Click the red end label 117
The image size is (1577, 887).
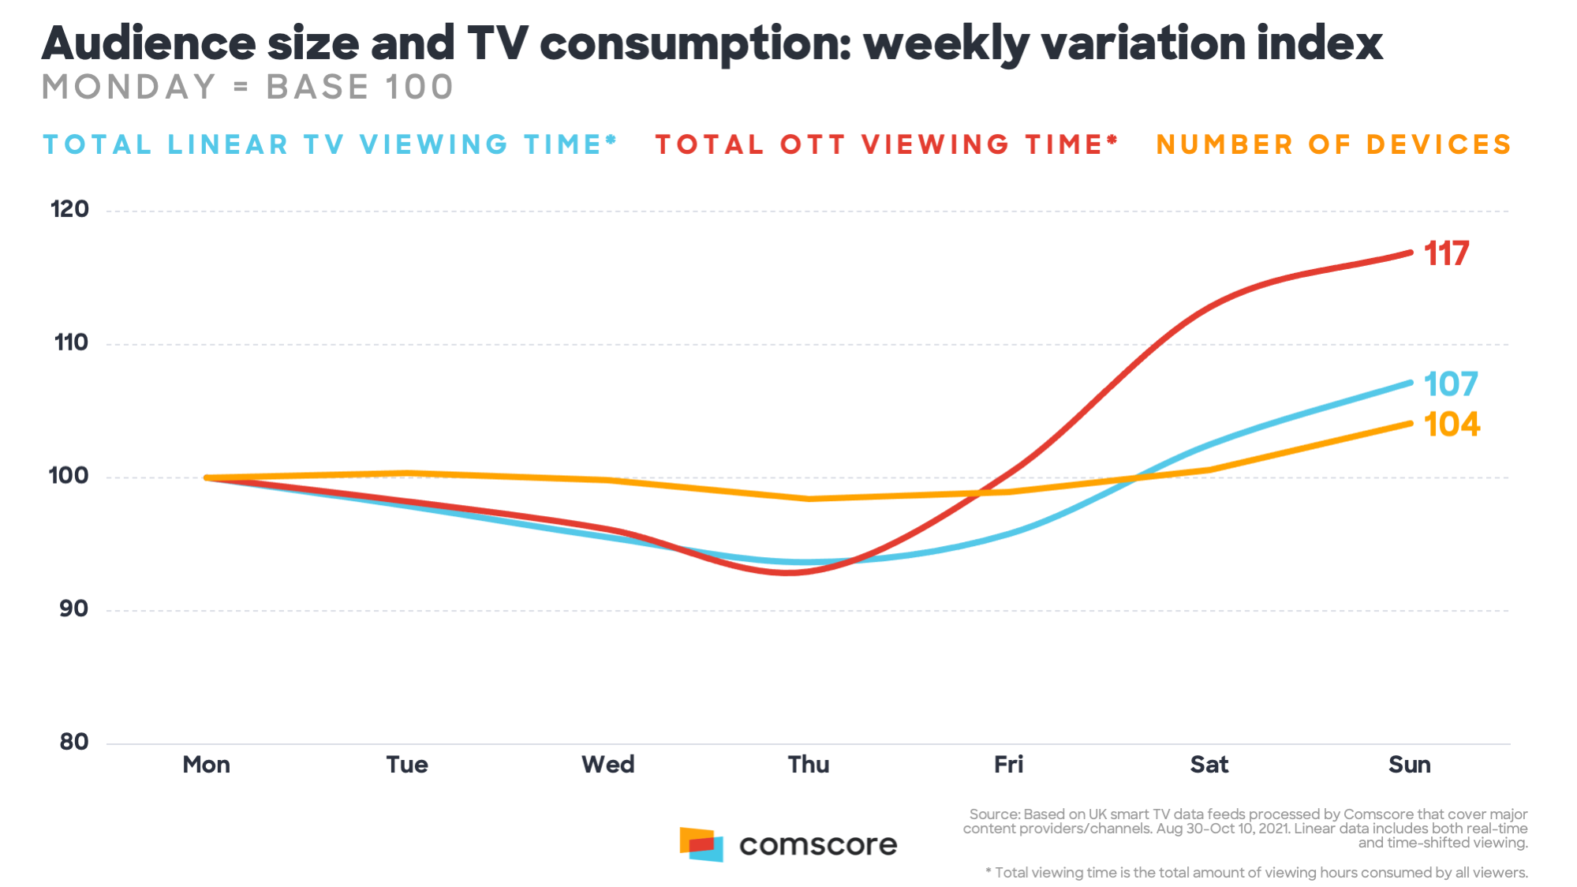point(1446,254)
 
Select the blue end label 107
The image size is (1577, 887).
point(1450,384)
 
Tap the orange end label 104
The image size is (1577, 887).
point(1452,425)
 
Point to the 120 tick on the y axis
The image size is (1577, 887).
point(69,210)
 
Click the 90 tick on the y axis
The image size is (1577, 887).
point(73,609)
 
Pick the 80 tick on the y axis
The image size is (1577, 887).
point(73,742)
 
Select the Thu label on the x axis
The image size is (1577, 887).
point(809,765)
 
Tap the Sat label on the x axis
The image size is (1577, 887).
point(1209,765)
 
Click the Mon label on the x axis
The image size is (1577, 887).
point(206,765)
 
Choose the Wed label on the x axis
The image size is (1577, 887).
point(607,765)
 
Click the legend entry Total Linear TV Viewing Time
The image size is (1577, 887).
point(330,144)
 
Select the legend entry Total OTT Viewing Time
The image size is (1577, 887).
point(886,144)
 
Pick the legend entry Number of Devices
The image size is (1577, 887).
point(1333,144)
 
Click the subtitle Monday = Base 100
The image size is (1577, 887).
point(247,87)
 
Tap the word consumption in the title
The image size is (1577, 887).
point(696,44)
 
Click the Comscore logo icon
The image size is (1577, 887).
point(701,844)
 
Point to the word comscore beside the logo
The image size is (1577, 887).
point(818,845)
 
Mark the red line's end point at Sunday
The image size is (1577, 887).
point(1410,253)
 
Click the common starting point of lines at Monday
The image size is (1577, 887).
point(207,477)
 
